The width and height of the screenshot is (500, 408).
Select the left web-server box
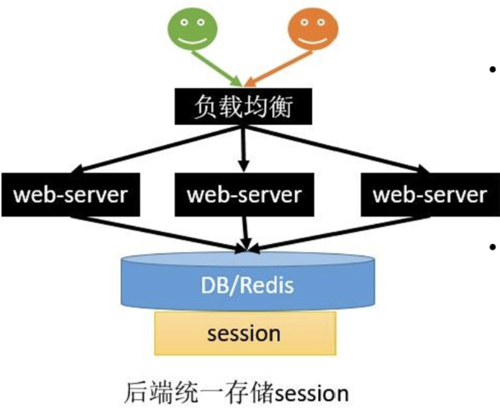point(71,195)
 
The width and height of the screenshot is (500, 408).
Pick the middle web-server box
point(244,195)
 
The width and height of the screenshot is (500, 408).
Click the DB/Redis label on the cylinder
point(247,286)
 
